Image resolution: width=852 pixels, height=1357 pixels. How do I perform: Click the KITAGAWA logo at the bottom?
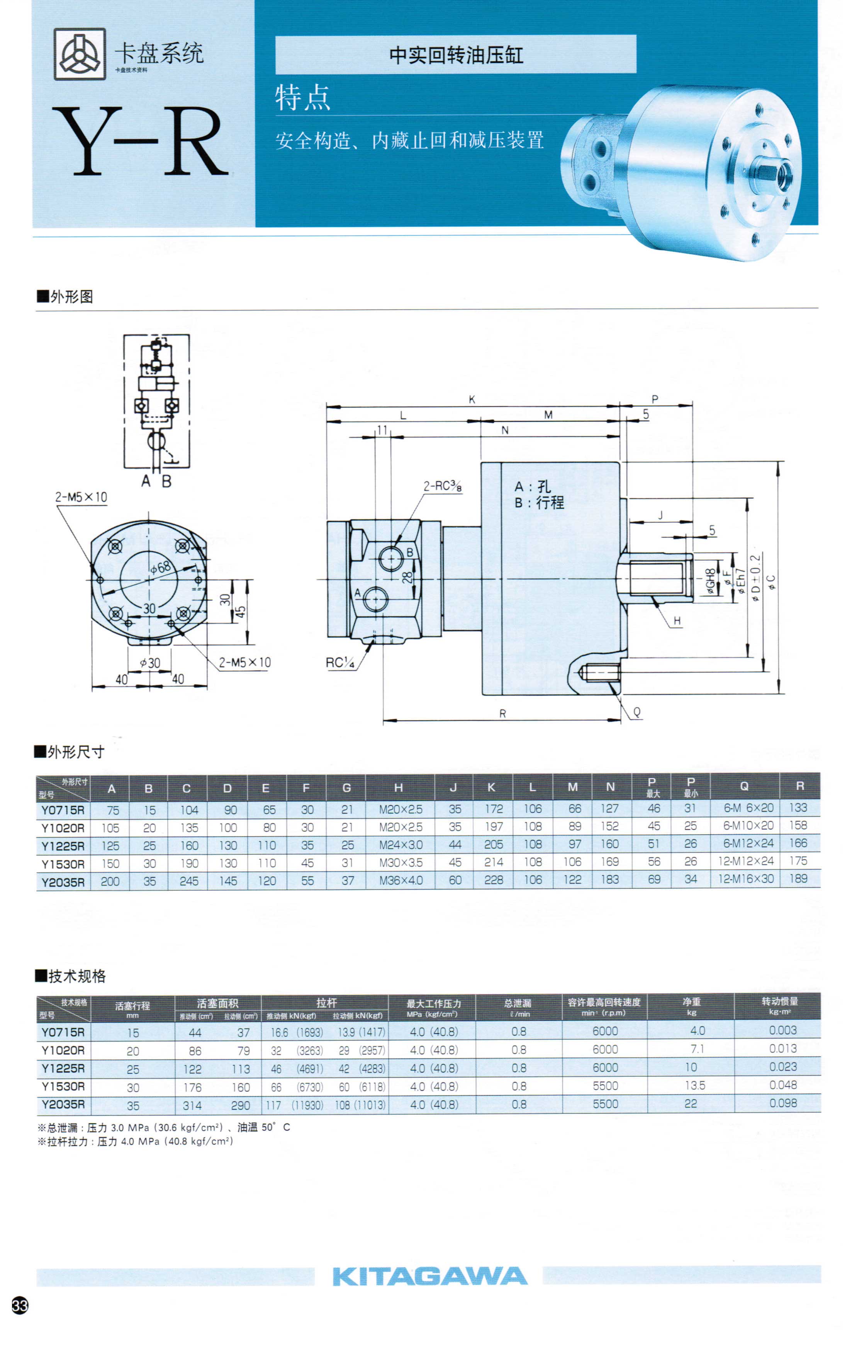pyautogui.click(x=429, y=1276)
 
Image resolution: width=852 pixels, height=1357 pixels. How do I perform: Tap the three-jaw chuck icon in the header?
pyautogui.click(x=80, y=54)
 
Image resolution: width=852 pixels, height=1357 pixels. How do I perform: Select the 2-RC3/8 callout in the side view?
pyautogui.click(x=442, y=486)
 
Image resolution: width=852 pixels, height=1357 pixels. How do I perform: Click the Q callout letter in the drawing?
pyautogui.click(x=637, y=712)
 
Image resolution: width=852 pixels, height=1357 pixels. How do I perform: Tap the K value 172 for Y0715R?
pyautogui.click(x=493, y=809)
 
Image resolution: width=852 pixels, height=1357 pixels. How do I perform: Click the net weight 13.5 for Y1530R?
pyautogui.click(x=695, y=1085)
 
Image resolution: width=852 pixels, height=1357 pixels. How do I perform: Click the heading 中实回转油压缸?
pyautogui.click(x=456, y=55)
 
